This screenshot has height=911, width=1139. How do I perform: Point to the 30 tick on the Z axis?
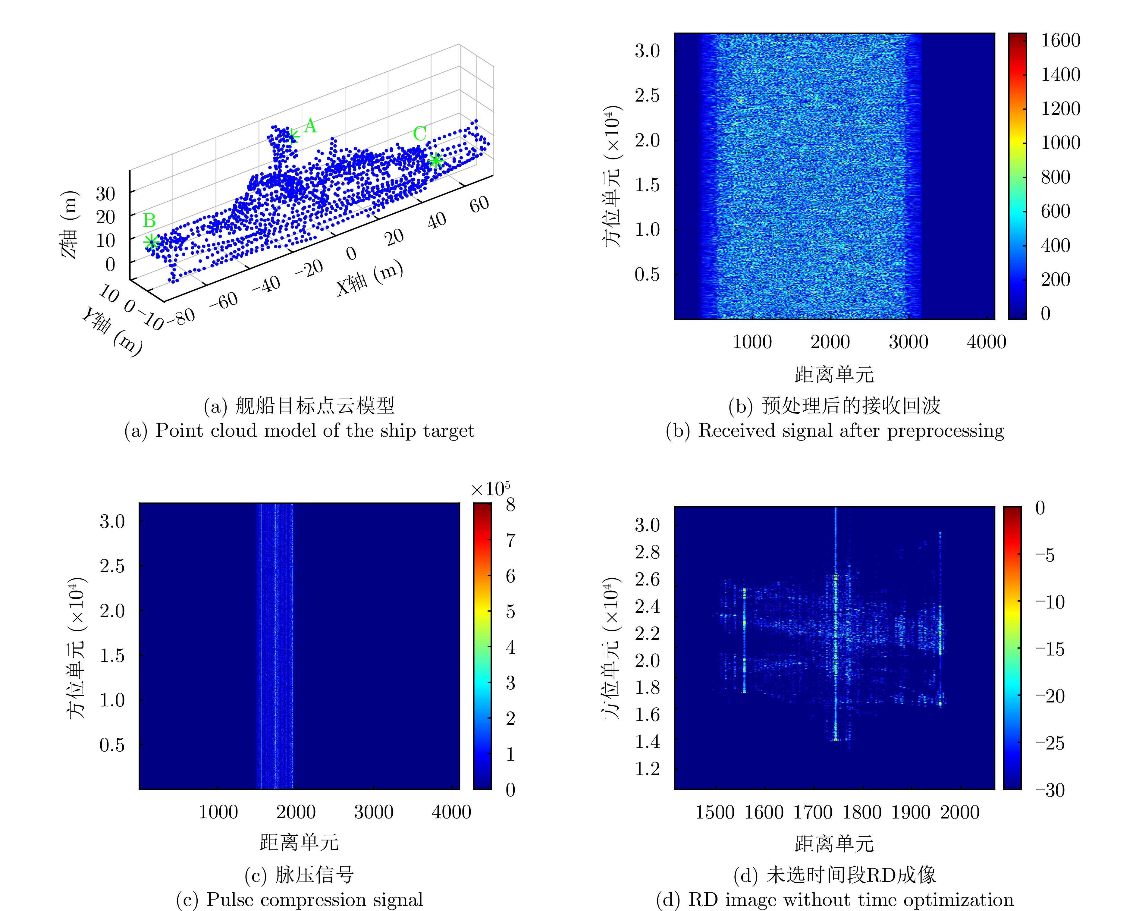105,194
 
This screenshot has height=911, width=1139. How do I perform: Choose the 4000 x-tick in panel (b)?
986,342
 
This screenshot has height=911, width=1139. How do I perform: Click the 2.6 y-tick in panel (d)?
647,579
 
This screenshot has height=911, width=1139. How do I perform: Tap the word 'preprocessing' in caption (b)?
945,431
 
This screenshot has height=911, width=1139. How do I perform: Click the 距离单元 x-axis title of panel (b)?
834,375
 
